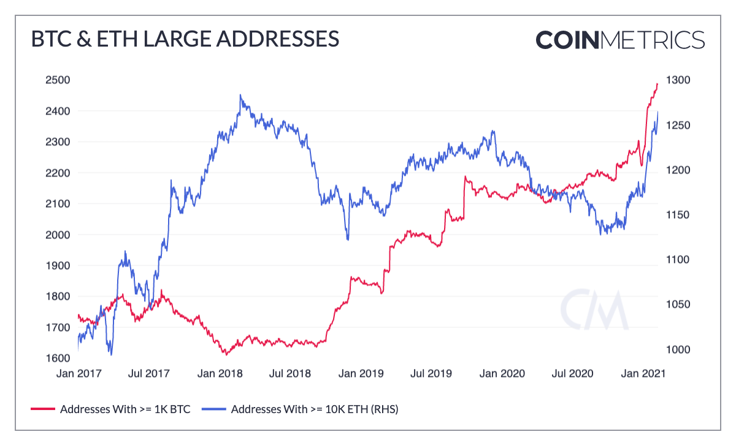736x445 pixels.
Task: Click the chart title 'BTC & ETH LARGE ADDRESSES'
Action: pos(185,39)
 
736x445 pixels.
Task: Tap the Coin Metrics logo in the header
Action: pos(619,39)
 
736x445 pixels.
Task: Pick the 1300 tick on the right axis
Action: pos(679,80)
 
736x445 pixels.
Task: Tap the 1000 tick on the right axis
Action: pos(679,349)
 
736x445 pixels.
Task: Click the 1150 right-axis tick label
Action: pos(679,215)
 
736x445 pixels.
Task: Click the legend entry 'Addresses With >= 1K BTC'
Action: pos(125,409)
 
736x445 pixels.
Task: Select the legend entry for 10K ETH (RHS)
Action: pos(315,409)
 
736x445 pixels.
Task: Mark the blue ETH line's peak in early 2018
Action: pos(240,95)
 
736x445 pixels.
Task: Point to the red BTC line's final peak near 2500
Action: pos(657,84)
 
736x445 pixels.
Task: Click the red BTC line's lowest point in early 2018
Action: pos(226,354)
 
